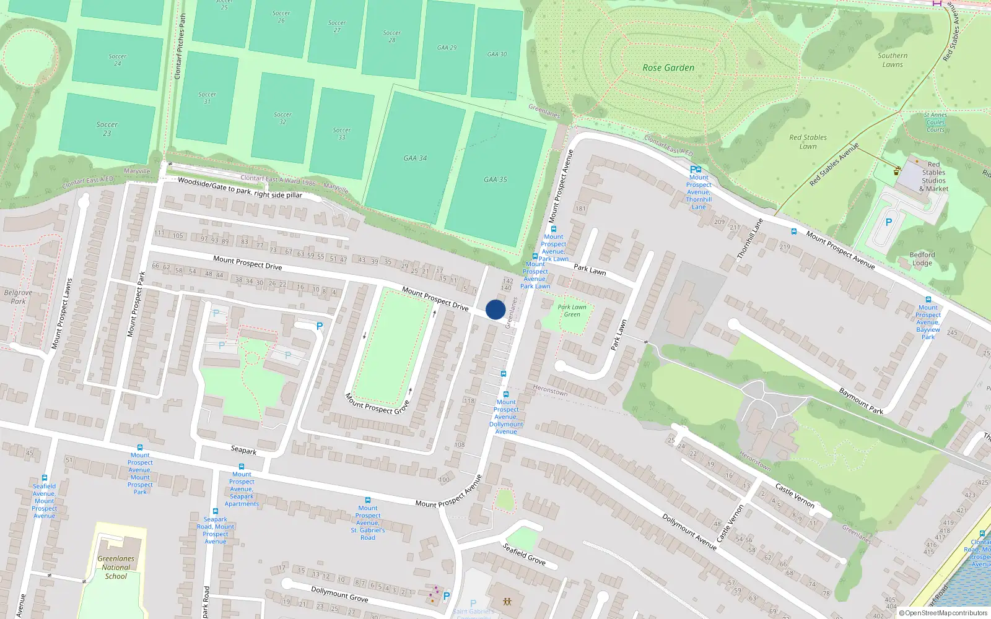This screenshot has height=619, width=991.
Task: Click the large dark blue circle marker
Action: [x=495, y=309]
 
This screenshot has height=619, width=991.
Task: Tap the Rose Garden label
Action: [x=668, y=67]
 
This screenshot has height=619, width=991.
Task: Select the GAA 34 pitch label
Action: [x=415, y=158]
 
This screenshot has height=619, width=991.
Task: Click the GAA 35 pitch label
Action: [x=495, y=180]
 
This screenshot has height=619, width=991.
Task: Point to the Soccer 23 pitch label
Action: [x=107, y=129]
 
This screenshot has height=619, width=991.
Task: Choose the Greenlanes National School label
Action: [x=116, y=567]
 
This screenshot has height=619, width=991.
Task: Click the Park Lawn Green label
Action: [x=572, y=311]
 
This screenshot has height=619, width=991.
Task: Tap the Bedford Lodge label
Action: [x=922, y=259]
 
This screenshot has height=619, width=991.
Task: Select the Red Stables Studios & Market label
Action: [x=933, y=177]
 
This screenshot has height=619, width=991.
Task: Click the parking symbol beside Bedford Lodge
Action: [x=889, y=223]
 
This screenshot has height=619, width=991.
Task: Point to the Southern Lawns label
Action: [x=893, y=60]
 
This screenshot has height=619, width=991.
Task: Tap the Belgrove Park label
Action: [x=18, y=297]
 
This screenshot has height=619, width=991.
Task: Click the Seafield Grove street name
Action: [x=524, y=554]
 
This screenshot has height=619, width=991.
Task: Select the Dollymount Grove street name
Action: [x=339, y=594]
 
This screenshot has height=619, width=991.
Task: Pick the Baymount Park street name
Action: [x=861, y=401]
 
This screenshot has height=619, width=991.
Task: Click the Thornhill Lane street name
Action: [x=749, y=239]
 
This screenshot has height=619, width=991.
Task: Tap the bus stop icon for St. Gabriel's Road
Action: [x=367, y=500]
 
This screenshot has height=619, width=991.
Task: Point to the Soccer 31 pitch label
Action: [x=207, y=98]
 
